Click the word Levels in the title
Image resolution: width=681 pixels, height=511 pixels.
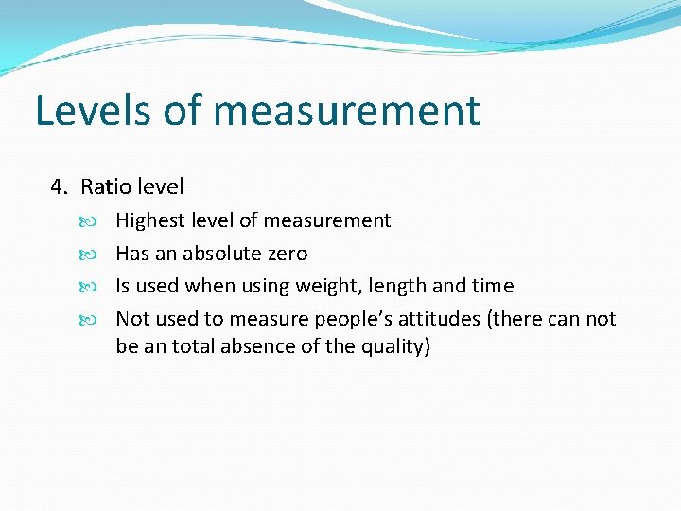92,111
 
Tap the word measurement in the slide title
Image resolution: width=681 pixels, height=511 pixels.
347,111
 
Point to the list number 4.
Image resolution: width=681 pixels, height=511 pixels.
59,187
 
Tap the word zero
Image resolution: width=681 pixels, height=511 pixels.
287,254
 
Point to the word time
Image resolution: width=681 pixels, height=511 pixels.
493,286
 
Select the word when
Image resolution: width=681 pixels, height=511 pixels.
210,286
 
